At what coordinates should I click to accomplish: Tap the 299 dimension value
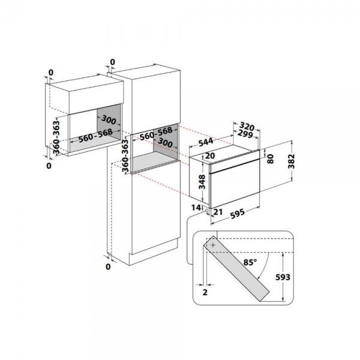pos(242,136)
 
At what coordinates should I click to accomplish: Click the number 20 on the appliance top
pos(210,156)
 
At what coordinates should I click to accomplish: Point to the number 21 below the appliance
pos(218,212)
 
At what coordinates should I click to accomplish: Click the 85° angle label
pos(249,262)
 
